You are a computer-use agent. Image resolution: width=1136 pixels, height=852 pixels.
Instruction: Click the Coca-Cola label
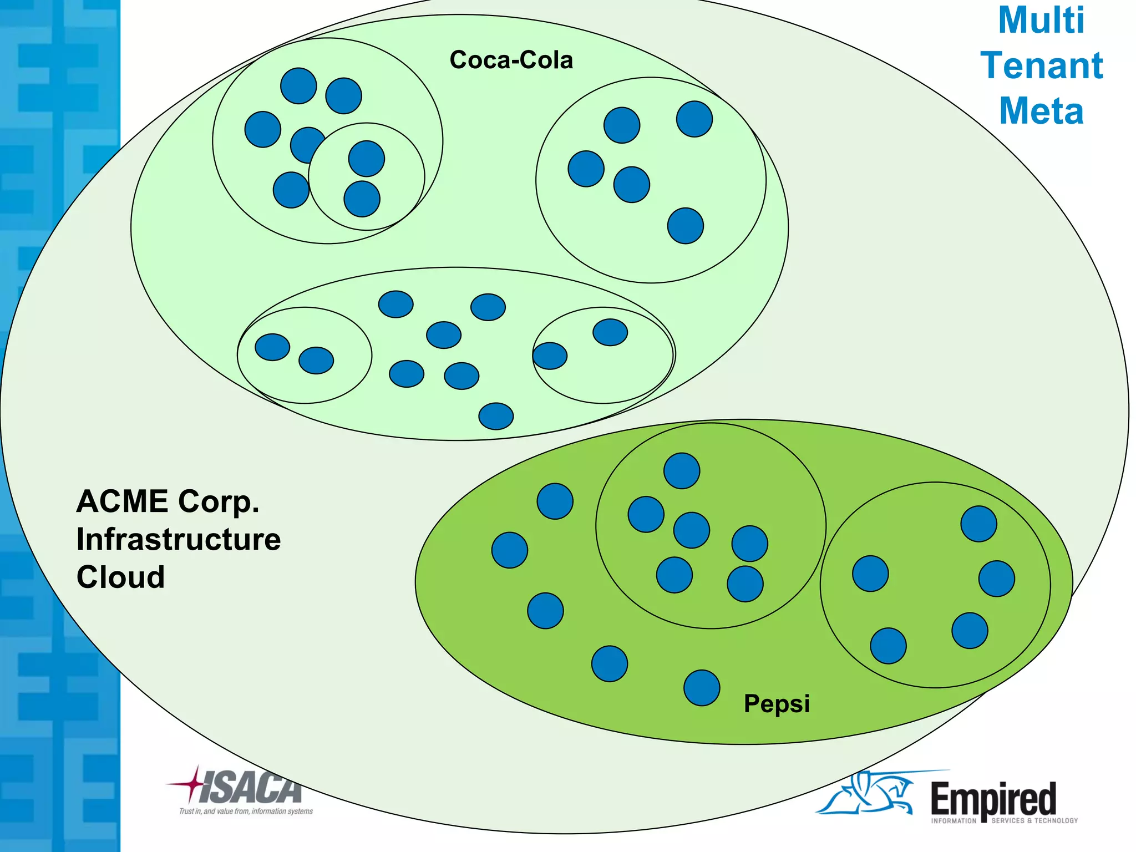[511, 60]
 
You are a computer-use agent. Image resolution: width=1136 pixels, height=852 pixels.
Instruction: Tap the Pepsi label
[777, 703]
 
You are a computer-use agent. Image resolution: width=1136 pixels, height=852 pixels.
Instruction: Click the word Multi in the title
[1041, 21]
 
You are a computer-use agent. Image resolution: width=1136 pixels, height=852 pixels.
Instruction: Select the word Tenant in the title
[1041, 65]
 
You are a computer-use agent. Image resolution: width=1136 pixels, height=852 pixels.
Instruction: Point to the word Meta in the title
[1041, 111]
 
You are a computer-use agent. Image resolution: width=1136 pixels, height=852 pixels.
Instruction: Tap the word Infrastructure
[179, 539]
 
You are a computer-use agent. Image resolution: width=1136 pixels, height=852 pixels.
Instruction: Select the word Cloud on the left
[120, 577]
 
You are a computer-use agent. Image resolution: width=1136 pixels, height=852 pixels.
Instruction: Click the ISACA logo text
[250, 788]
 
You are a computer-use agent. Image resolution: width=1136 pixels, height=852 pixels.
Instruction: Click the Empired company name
[993, 799]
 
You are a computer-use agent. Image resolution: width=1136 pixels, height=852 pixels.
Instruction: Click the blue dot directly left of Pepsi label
[702, 688]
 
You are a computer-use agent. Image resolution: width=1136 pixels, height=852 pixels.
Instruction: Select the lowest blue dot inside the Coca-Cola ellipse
[496, 416]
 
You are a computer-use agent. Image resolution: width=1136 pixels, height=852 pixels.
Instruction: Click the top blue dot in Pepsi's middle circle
[682, 471]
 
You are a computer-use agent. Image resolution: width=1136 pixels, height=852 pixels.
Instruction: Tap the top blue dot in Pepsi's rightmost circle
[978, 524]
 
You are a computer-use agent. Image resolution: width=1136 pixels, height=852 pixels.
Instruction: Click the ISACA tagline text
[246, 812]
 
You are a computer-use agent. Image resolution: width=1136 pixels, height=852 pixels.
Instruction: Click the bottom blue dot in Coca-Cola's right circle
[686, 226]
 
